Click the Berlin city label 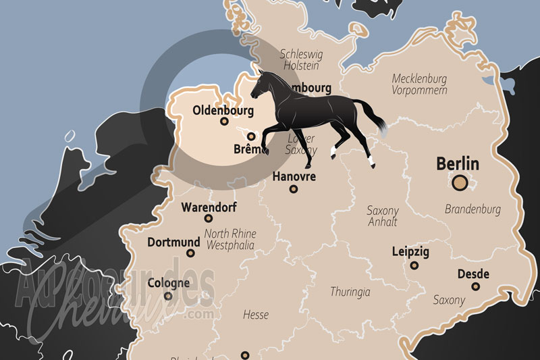pos(458,163)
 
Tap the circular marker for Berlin pos(460,182)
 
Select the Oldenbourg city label pos(223,110)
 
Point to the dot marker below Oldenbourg pos(224,122)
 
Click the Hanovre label pos(294,176)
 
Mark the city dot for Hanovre pos(293,189)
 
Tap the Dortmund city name pos(174,242)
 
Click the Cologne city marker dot pos(168,296)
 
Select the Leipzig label pos(410,252)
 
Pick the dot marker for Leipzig pos(414,265)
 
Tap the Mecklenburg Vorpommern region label pos(419,84)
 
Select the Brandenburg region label pos(473,209)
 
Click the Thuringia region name pos(350,292)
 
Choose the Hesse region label pos(256,315)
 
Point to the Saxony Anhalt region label pos(382,216)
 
